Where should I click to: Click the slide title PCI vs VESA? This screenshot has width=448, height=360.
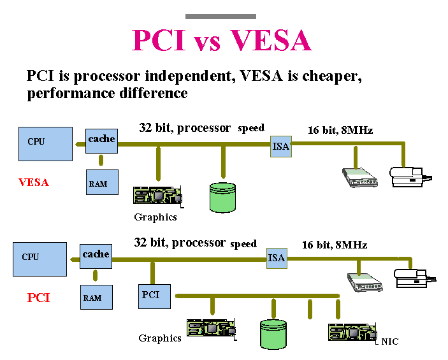pyautogui.click(x=221, y=40)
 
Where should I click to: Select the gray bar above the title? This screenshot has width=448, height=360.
pyautogui.click(x=220, y=16)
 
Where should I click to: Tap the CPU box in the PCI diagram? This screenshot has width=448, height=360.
pyautogui.click(x=40, y=258)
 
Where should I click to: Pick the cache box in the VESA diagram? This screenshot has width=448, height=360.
pyautogui.click(x=101, y=140)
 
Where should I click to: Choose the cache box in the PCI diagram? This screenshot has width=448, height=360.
pyautogui.click(x=96, y=255)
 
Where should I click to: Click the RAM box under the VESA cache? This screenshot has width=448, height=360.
pyautogui.click(x=98, y=184)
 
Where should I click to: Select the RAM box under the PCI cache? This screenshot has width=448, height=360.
pyautogui.click(x=93, y=297)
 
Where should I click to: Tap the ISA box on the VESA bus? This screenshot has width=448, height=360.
pyautogui.click(x=280, y=146)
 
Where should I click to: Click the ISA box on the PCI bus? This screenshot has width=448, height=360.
pyautogui.click(x=276, y=258)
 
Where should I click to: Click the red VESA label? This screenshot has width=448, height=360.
pyautogui.click(x=34, y=182)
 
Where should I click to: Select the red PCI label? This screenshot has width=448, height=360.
pyautogui.click(x=38, y=298)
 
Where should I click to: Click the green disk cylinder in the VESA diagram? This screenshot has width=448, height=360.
pyautogui.click(x=222, y=197)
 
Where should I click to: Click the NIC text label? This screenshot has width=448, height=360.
pyautogui.click(x=389, y=342)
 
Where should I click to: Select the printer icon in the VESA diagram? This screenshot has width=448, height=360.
pyautogui.click(x=408, y=176)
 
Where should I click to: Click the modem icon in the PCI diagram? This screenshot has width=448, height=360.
pyautogui.click(x=364, y=282)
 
